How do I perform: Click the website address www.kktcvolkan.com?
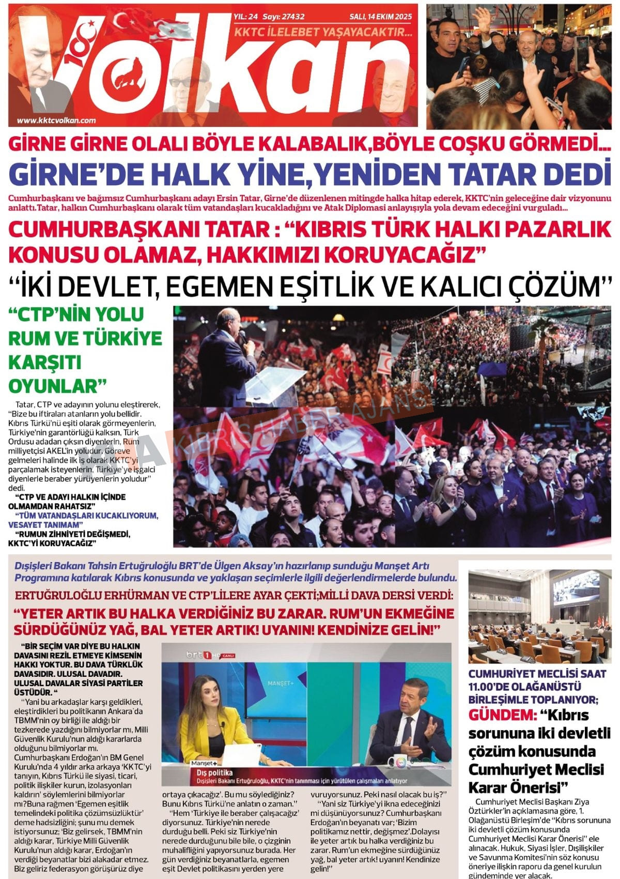(56, 120)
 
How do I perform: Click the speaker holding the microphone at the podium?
(227, 346)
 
